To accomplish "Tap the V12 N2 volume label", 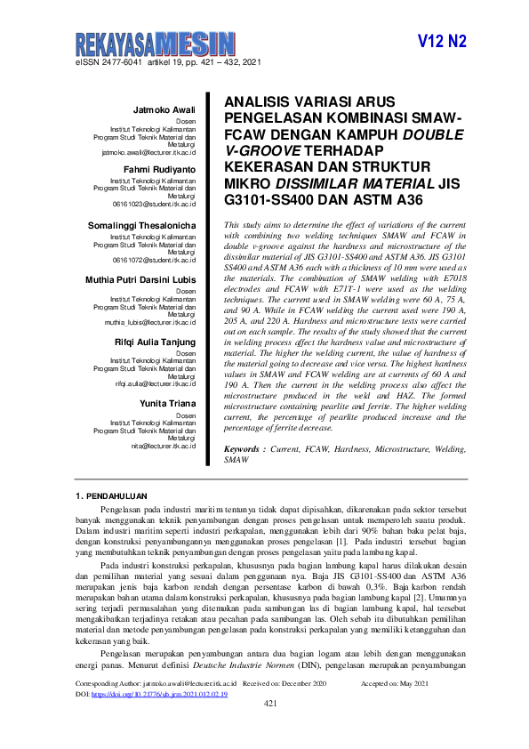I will click(x=442, y=43).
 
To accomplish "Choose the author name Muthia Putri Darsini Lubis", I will click(x=140, y=278).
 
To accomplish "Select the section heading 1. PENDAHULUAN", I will click(x=110, y=495).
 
